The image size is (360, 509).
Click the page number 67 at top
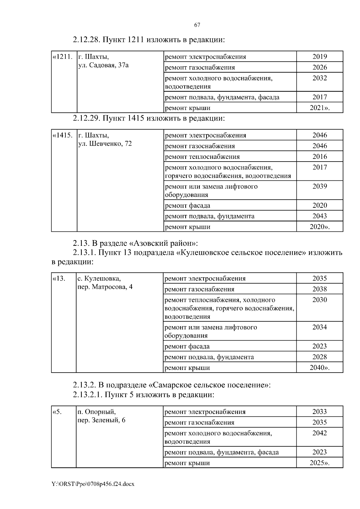[197, 25]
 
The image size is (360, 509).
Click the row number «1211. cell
[63, 57]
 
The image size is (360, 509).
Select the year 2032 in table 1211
[319, 78]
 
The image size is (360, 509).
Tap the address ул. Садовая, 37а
[103, 65]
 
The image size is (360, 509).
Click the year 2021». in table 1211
[319, 108]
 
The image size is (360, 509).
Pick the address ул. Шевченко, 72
[105, 144]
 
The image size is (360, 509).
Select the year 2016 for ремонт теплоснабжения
[319, 156]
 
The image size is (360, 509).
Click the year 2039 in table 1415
[319, 186]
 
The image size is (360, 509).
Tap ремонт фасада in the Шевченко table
[187, 206]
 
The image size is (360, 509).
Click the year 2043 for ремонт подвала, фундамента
[319, 216]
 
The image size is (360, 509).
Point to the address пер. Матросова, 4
[105, 287]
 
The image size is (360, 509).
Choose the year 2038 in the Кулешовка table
[319, 289]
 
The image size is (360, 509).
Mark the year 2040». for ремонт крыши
[319, 368]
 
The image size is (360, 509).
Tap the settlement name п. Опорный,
[97, 412]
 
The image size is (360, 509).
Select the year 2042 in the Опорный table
[319, 433]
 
